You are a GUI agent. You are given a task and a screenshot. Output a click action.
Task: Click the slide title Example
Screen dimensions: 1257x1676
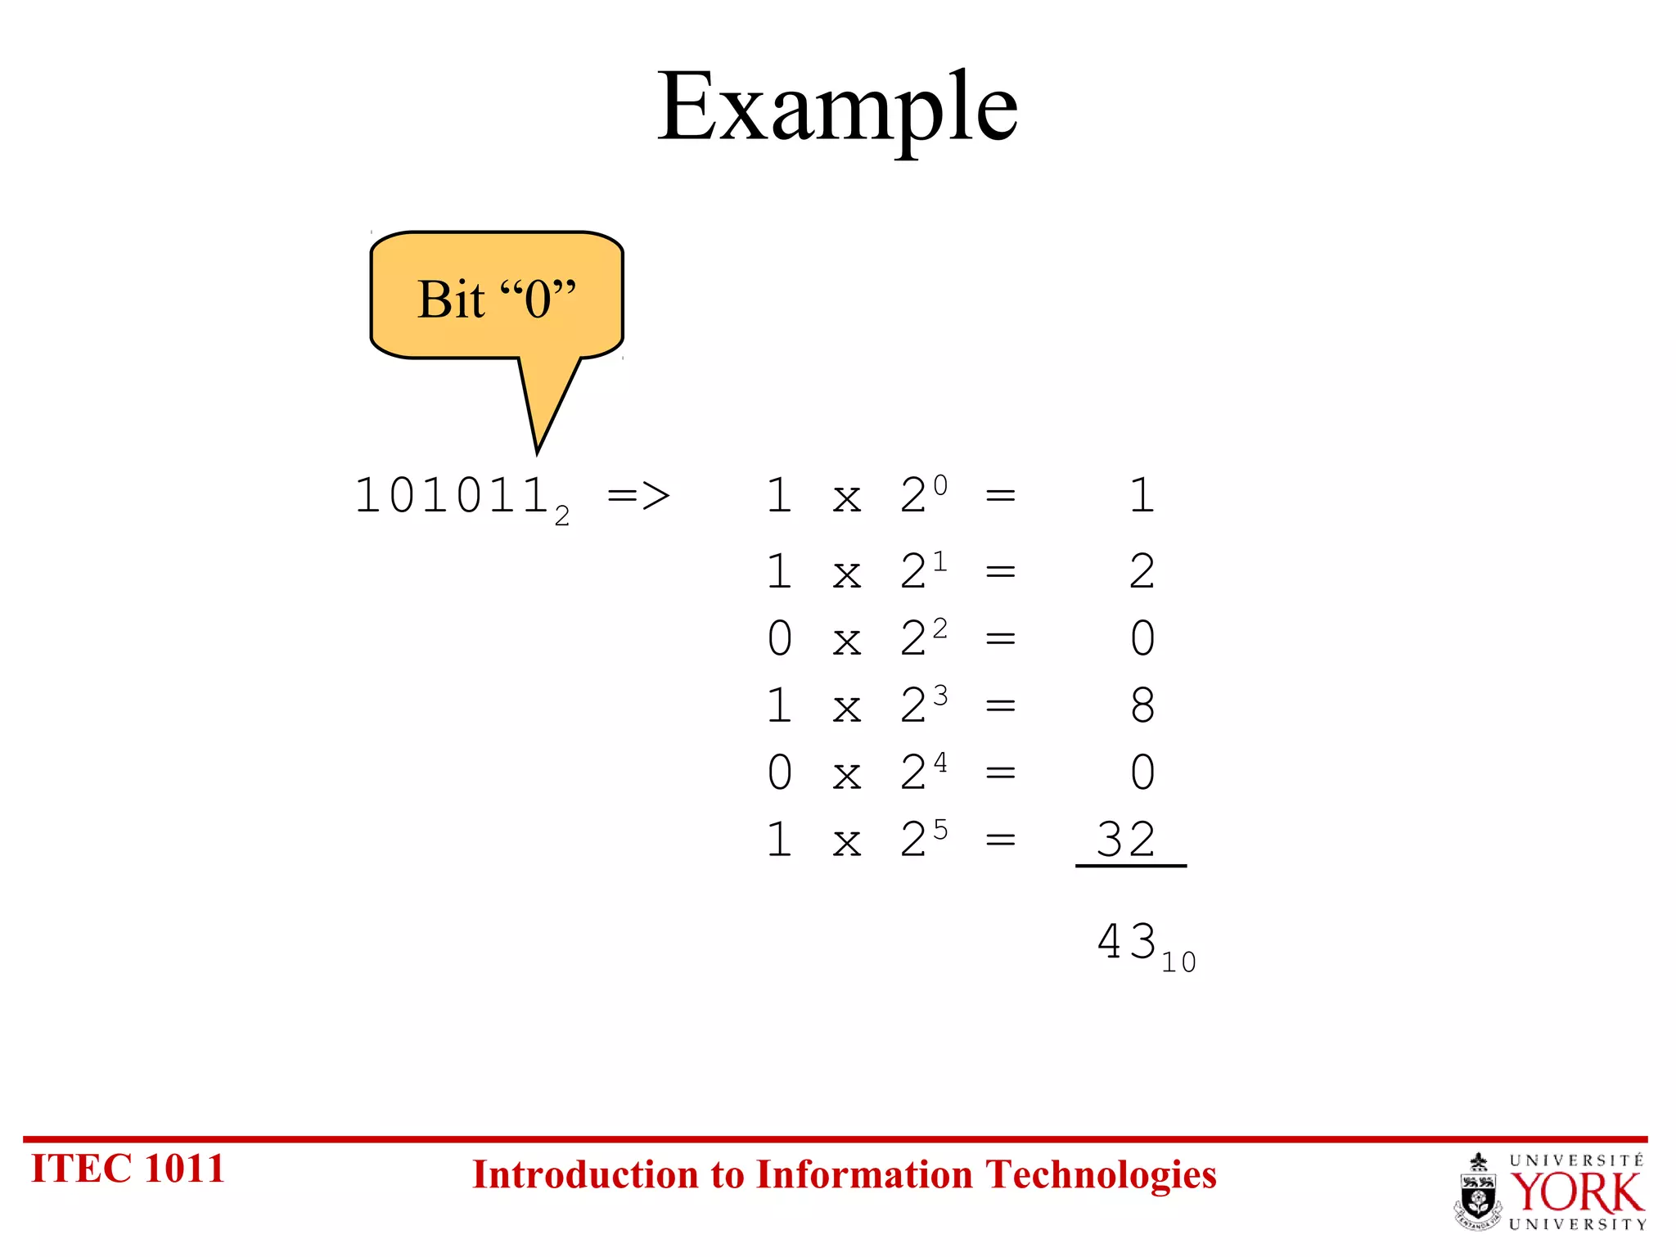(x=837, y=107)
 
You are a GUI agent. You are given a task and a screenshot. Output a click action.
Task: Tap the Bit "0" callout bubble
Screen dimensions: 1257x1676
(x=497, y=298)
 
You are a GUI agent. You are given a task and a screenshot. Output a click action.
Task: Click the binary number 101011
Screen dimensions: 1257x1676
(x=451, y=496)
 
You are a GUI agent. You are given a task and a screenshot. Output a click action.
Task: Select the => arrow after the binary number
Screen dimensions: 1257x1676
(x=638, y=496)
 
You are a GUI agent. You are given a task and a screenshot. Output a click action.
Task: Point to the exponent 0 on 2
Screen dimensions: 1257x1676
(x=940, y=485)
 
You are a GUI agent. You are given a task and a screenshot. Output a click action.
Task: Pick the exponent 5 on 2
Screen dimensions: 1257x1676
(x=940, y=830)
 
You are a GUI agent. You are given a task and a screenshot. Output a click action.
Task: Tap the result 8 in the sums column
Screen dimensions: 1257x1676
(x=1142, y=705)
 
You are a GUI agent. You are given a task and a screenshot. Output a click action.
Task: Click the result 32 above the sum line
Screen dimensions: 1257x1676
(x=1126, y=840)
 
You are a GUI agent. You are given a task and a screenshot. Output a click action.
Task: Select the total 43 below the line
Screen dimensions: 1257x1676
(x=1126, y=941)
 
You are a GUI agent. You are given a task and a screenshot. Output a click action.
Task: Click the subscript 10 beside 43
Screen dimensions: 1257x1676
(x=1178, y=962)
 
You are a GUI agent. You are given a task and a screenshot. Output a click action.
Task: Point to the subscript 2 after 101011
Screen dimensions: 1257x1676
(x=562, y=516)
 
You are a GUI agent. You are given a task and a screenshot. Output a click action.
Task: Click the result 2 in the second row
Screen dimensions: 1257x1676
(x=1142, y=571)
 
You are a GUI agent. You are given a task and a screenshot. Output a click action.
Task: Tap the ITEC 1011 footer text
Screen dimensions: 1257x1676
(x=128, y=1169)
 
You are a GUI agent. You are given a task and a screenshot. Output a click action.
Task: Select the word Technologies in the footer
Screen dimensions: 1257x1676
(x=1101, y=1175)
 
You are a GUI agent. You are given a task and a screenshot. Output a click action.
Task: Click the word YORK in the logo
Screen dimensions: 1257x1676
(x=1576, y=1193)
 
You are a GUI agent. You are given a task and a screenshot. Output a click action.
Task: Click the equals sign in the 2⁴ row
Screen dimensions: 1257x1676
(x=1000, y=773)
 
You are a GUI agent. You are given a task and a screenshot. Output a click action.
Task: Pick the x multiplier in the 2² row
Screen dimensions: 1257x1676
(x=848, y=640)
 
